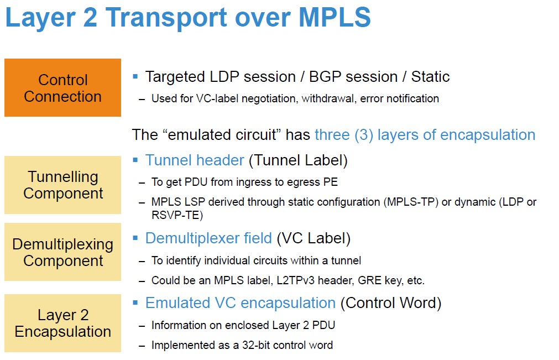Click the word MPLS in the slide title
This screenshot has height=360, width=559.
pyautogui.click(x=335, y=17)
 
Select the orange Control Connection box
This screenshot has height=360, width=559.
pyautogui.click(x=62, y=88)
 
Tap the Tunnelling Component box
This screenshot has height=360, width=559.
pyautogui.click(x=62, y=185)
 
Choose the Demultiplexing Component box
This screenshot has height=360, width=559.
pyautogui.click(x=62, y=252)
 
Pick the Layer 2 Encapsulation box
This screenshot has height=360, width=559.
pyautogui.click(x=62, y=323)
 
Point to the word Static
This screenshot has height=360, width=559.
pyautogui.click(x=430, y=77)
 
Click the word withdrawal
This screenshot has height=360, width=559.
pyautogui.click(x=329, y=98)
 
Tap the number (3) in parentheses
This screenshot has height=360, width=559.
pyautogui.click(x=364, y=135)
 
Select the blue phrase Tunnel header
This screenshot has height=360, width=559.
pyautogui.click(x=195, y=160)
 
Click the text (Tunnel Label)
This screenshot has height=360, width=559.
pyautogui.click(x=298, y=160)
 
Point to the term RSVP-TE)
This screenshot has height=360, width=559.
pyautogui.click(x=177, y=215)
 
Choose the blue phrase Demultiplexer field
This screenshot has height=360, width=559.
pyautogui.click(x=208, y=238)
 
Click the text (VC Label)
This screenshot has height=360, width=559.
pyautogui.click(x=314, y=238)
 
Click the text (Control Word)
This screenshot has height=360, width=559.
pyautogui.click(x=391, y=304)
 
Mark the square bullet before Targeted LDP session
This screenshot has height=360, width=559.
pyautogui.click(x=135, y=76)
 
